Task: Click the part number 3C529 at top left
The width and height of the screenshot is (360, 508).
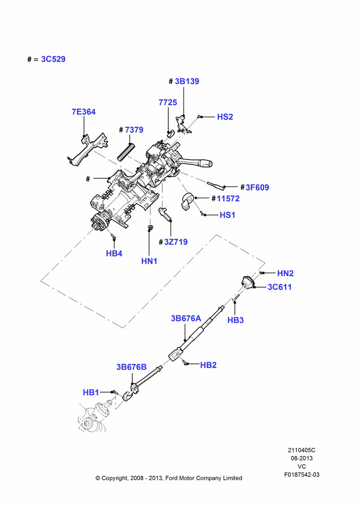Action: point(53,59)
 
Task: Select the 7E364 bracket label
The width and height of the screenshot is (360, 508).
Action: point(84,112)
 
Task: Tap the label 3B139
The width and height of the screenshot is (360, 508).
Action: point(187,81)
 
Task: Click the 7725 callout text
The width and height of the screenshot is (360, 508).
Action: point(168,103)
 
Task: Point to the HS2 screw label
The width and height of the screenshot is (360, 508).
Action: point(225,117)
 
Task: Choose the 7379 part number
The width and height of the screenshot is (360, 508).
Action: point(134,130)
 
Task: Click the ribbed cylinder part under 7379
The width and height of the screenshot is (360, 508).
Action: point(125,151)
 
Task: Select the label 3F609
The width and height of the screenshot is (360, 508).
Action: point(257,187)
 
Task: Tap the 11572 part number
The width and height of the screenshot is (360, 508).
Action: point(228,199)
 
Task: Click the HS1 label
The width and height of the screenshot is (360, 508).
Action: point(227,215)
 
